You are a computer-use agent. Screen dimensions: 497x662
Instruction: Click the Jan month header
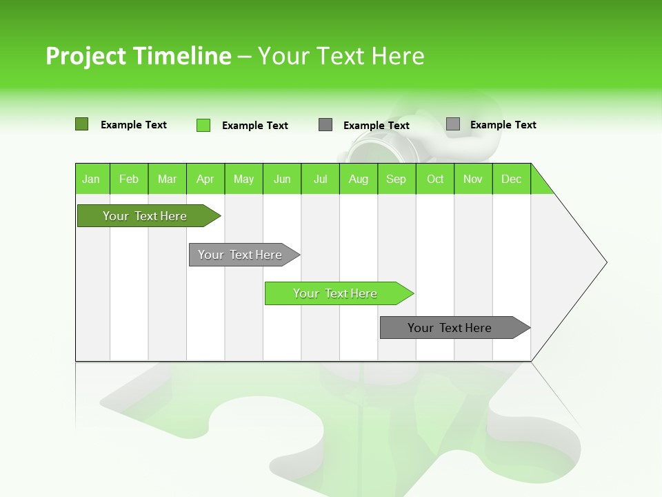pos(91,179)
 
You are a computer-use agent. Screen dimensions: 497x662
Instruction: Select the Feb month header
pos(129,179)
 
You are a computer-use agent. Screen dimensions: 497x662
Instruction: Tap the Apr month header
pos(205,179)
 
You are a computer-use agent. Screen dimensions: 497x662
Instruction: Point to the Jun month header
pos(282,179)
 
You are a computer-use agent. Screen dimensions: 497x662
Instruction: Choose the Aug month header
pos(358,179)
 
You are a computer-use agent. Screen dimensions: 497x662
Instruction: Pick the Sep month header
pos(396,179)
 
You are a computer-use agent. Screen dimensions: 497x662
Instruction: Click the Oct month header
pos(435,179)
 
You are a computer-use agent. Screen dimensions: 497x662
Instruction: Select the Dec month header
pos(511,179)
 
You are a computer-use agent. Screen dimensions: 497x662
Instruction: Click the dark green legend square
pos(82,124)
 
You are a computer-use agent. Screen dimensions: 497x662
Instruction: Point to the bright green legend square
pos(203,125)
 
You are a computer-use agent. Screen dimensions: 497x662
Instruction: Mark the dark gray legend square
pos(325,125)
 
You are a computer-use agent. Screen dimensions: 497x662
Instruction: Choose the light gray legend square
pos(453,124)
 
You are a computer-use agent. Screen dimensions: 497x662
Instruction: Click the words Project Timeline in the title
pos(138,56)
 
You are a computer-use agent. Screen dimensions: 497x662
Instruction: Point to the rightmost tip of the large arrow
pos(605,262)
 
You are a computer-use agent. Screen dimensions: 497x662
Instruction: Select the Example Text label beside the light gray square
pos(503,125)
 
